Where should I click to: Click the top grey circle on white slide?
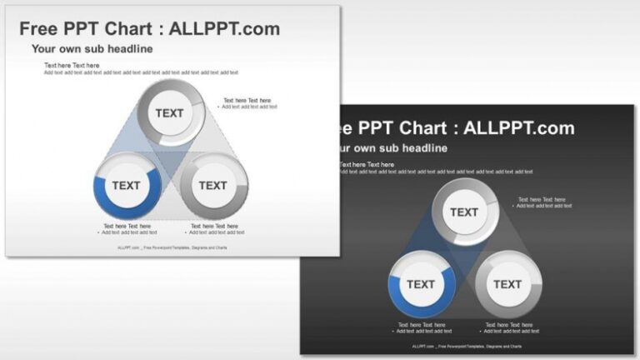click(x=170, y=113)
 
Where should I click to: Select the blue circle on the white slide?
click(x=127, y=185)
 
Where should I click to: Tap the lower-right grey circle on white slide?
click(x=213, y=185)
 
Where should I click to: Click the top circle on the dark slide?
click(x=464, y=212)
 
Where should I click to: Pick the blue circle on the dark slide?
click(x=421, y=284)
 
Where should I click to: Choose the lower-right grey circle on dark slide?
click(x=507, y=284)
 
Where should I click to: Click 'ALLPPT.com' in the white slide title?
click(x=224, y=29)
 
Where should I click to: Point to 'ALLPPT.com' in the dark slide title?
click(x=518, y=128)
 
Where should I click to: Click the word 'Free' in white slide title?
click(x=40, y=29)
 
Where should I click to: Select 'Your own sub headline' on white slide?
click(x=92, y=49)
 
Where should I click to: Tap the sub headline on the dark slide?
click(x=390, y=148)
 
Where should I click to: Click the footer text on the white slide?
click(x=172, y=247)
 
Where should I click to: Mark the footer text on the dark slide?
click(x=467, y=346)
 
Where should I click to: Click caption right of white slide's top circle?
click(x=248, y=103)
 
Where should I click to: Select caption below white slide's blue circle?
click(x=127, y=229)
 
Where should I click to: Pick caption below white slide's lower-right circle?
click(x=215, y=229)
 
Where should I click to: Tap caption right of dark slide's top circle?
click(x=542, y=202)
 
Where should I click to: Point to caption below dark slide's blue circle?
click(x=422, y=327)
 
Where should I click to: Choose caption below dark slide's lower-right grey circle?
click(x=509, y=327)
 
